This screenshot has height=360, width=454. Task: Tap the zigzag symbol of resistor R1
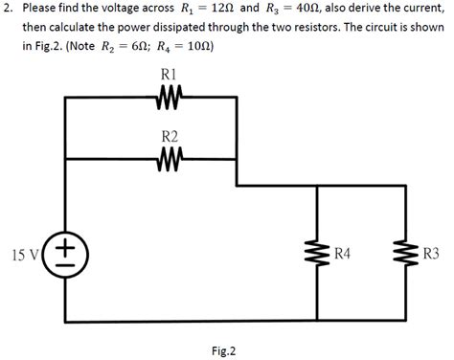(168, 96)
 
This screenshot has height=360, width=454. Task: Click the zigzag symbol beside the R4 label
(316, 255)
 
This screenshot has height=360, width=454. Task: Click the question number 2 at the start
(8, 9)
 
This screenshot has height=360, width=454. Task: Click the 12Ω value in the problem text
(223, 9)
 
